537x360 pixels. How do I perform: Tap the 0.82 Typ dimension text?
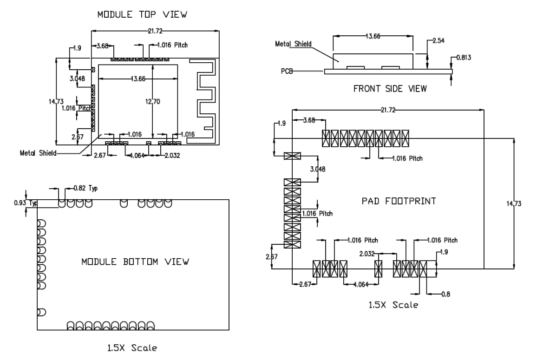pyautogui.click(x=86, y=188)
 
